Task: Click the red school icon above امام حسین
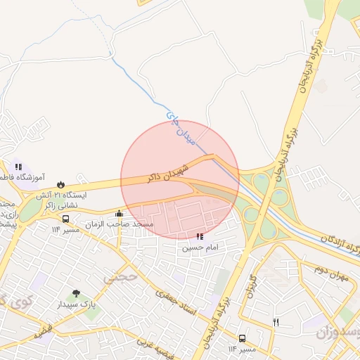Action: tap(200, 237)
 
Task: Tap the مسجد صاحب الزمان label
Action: tap(120, 224)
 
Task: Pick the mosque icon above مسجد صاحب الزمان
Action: tap(119, 214)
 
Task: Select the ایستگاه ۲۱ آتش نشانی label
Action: tap(60, 200)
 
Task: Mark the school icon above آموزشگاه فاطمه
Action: tap(18, 167)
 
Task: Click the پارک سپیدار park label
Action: tap(77, 304)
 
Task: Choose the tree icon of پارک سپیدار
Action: tap(76, 293)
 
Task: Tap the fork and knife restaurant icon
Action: tap(276, 322)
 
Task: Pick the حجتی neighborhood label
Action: tap(117, 277)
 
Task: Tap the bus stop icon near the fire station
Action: tap(65, 219)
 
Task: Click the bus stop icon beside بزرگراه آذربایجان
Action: tap(242, 338)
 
